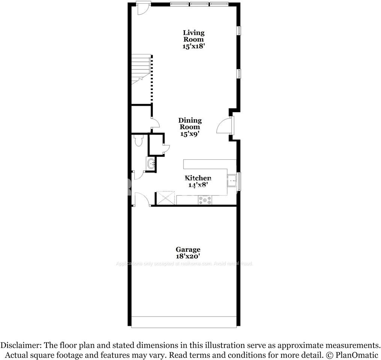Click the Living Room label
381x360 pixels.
194,36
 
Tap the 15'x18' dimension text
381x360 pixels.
194,46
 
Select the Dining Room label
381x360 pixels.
190,124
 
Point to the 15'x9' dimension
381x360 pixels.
190,134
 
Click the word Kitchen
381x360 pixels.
198,178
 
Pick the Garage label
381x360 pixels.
188,249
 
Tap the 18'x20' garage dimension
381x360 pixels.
188,256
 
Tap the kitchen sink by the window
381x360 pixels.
232,181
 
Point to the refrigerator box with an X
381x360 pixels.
166,198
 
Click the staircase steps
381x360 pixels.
140,67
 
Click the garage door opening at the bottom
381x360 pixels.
184,322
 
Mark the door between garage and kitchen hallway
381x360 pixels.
142,199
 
